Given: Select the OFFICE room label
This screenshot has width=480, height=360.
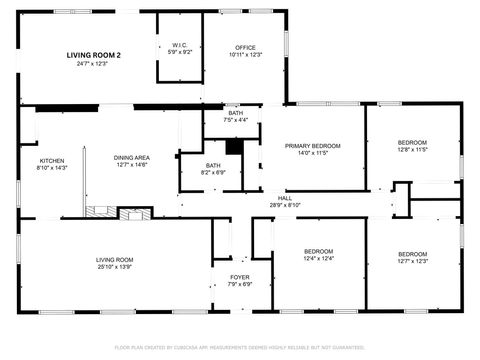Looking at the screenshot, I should coord(245,48).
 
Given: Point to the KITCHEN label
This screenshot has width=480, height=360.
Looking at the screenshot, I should coord(52,161).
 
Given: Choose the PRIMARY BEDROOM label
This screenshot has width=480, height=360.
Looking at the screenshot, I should coord(312,146).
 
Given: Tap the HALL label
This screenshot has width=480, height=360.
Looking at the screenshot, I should coord(285,198).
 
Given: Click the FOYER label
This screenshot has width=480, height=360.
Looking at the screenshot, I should coord(240,277).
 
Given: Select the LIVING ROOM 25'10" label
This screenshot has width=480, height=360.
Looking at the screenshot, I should coord(115,260).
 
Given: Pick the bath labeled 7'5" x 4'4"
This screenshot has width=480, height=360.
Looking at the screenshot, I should coord(236,113).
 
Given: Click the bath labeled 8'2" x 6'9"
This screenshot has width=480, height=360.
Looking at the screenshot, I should coord(214,166).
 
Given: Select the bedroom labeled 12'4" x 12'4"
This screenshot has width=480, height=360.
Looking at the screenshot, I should coord(318,251).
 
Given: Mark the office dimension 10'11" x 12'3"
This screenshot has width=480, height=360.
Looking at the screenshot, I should coord(245,55).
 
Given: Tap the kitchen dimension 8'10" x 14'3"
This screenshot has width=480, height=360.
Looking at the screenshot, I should coord(52,168).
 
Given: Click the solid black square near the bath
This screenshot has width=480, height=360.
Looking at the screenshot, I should coord(234,146).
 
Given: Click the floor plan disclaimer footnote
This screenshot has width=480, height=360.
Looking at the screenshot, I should coord(240,347).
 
